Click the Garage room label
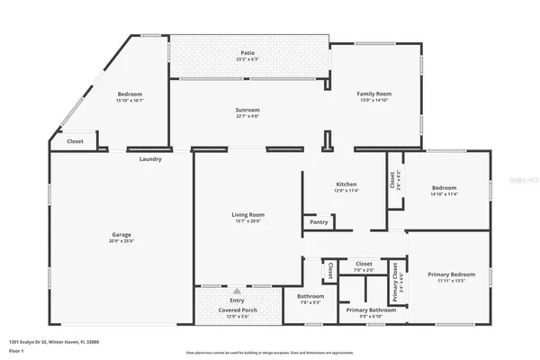pyautogui.click(x=121, y=235)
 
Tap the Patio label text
pyautogui.click(x=247, y=53)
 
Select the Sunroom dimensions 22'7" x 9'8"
pyautogui.click(x=247, y=115)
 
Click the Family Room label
pyautogui.click(x=376, y=94)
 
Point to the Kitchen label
pyautogui.click(x=346, y=184)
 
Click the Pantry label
pyautogui.click(x=319, y=221)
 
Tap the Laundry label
pyautogui.click(x=150, y=159)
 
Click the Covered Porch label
pyautogui.click(x=238, y=310)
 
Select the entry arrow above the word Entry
pyautogui.click(x=238, y=292)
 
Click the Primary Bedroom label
pyautogui.click(x=451, y=274)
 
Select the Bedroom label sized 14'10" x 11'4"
pyautogui.click(x=444, y=187)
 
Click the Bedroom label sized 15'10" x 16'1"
pyautogui.click(x=130, y=94)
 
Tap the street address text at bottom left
pyautogui.click(x=54, y=342)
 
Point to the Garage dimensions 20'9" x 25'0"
pyautogui.click(x=121, y=241)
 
